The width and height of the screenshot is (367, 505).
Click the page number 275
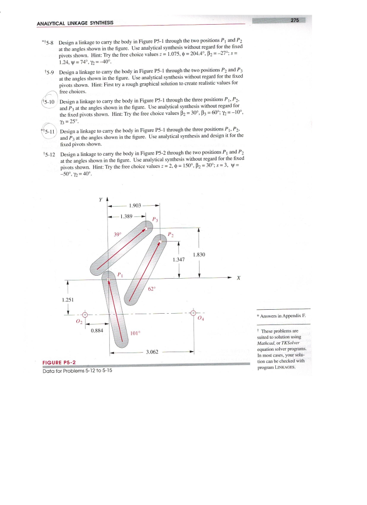tap(295, 20)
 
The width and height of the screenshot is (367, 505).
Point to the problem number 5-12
tap(49, 153)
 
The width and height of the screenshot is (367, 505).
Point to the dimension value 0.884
tap(97, 331)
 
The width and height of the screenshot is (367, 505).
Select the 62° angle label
tap(152, 289)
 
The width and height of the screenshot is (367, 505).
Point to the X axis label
tap(238, 278)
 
